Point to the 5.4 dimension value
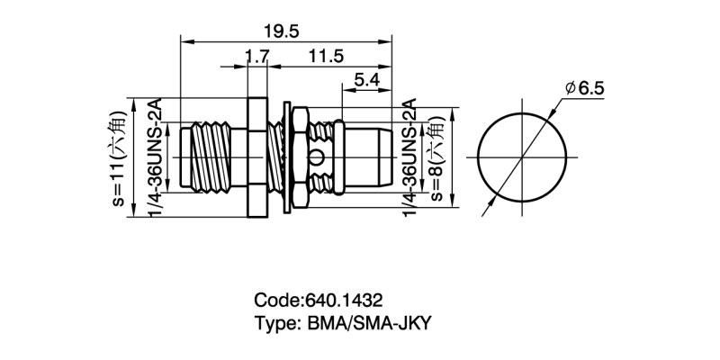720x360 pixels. coord(365,80)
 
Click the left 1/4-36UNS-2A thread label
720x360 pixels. coord(154,158)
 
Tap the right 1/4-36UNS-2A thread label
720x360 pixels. coord(410,158)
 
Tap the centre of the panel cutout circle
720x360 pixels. coord(522,158)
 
